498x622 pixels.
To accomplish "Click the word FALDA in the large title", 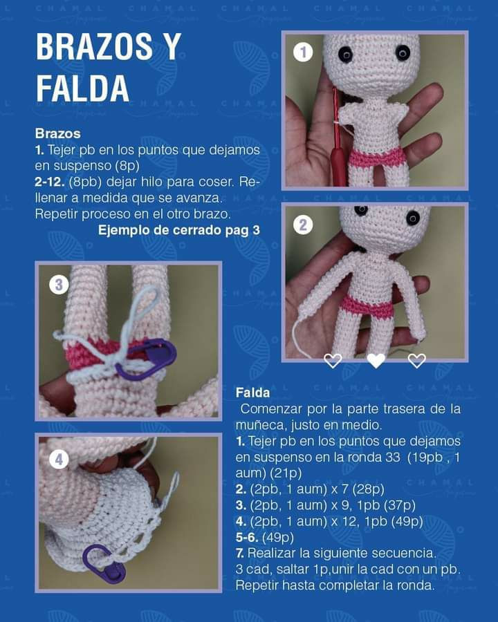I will pyautogui.click(x=82, y=88).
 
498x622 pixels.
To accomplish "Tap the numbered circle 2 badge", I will pyautogui.click(x=303, y=225).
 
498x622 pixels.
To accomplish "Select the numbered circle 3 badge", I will pyautogui.click(x=59, y=284).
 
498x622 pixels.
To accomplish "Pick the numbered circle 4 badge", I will pyautogui.click(x=59, y=459).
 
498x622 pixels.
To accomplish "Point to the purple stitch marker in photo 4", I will pyautogui.click(x=104, y=562).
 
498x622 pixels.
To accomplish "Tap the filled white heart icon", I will pyautogui.click(x=375, y=360).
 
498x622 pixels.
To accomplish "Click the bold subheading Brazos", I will pyautogui.click(x=57, y=133).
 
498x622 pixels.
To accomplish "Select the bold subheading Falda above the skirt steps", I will pyautogui.click(x=252, y=393).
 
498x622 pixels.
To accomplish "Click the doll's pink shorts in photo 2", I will pyautogui.click(x=367, y=306).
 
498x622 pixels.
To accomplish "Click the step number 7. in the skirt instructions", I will pyautogui.click(x=240, y=553).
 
